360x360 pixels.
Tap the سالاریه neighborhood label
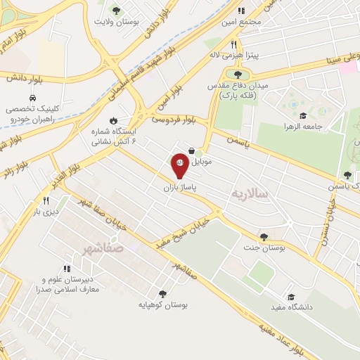coord(252,193)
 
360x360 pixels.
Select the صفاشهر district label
coord(102,248)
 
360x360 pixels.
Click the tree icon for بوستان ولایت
coord(116,10)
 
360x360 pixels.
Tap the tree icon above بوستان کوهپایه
coord(162,295)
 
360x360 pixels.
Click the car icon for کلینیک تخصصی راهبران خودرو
coord(33,98)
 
